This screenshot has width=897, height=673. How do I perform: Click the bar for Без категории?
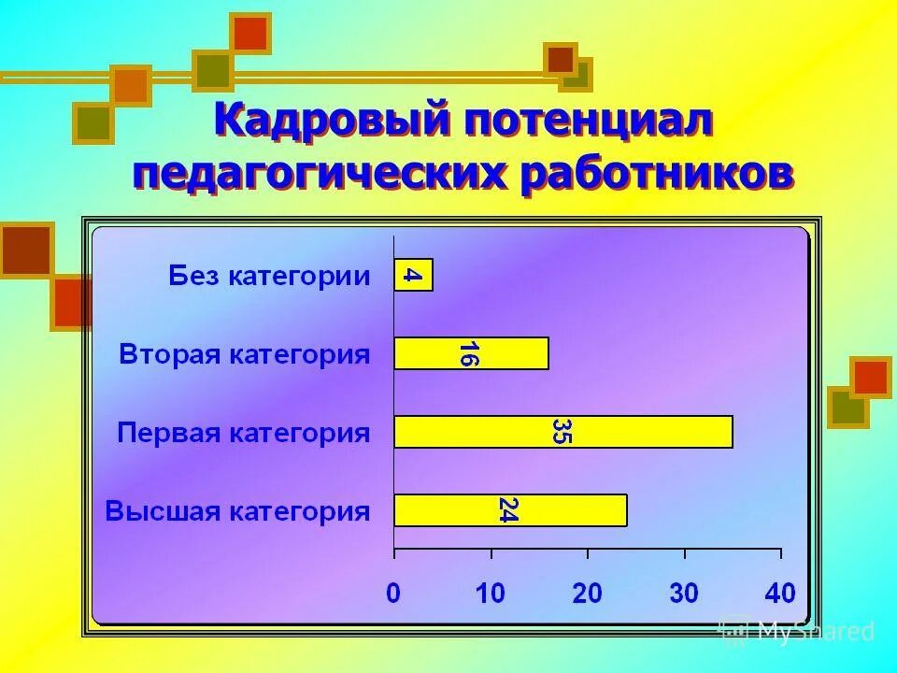(x=413, y=275)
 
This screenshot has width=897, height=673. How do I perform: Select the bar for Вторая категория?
(x=471, y=354)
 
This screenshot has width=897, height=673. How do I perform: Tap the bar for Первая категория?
(x=562, y=432)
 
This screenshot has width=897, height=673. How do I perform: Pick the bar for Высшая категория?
(x=510, y=510)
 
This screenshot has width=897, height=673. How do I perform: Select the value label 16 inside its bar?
(x=468, y=354)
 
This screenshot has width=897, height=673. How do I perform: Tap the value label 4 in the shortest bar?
(x=412, y=275)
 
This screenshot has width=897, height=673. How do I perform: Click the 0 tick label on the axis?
(x=393, y=592)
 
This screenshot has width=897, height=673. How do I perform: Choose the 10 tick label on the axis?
(x=490, y=592)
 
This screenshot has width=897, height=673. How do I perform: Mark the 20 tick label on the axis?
(x=587, y=592)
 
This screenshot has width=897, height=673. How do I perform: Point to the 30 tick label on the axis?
(x=684, y=592)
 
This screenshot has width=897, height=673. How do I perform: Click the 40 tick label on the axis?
(x=780, y=592)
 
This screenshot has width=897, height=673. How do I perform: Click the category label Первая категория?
(x=244, y=433)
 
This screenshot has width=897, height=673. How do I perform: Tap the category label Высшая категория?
(x=237, y=511)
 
